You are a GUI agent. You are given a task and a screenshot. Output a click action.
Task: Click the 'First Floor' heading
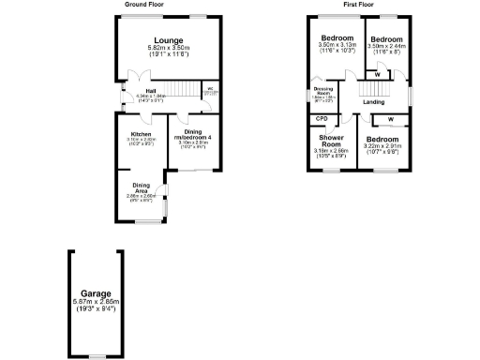click(x=359, y=5)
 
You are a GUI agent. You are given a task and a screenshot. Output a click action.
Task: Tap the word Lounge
click(x=168, y=40)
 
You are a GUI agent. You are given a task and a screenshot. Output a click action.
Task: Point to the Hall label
click(x=149, y=90)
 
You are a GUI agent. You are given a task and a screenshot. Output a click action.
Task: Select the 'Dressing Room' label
click(x=322, y=92)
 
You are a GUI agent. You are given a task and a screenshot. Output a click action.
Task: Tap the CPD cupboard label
click(x=322, y=119)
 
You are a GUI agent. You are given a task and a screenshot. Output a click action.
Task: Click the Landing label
click(x=374, y=101)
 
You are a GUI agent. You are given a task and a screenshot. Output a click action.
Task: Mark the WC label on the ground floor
click(x=210, y=91)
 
